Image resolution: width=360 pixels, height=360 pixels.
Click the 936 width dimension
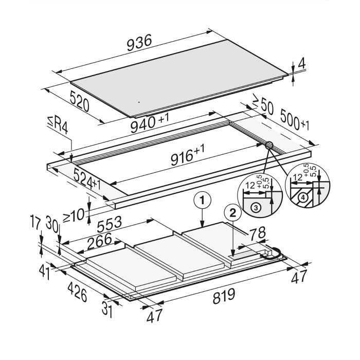(x=139, y=43)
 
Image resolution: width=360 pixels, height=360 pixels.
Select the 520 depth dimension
(x=79, y=101)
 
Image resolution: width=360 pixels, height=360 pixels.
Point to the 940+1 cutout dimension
(x=150, y=122)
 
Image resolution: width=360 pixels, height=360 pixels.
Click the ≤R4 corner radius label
(x=58, y=125)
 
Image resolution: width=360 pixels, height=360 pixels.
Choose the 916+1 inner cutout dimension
(x=187, y=154)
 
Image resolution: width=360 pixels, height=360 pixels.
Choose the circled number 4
(x=303, y=197)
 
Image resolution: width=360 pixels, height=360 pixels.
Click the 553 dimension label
(x=109, y=224)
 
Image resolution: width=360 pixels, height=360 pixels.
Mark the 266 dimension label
(x=99, y=241)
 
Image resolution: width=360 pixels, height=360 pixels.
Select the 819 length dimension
(x=224, y=296)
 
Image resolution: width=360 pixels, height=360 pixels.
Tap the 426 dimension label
(x=77, y=292)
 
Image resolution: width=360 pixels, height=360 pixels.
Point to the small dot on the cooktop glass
(x=139, y=102)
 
